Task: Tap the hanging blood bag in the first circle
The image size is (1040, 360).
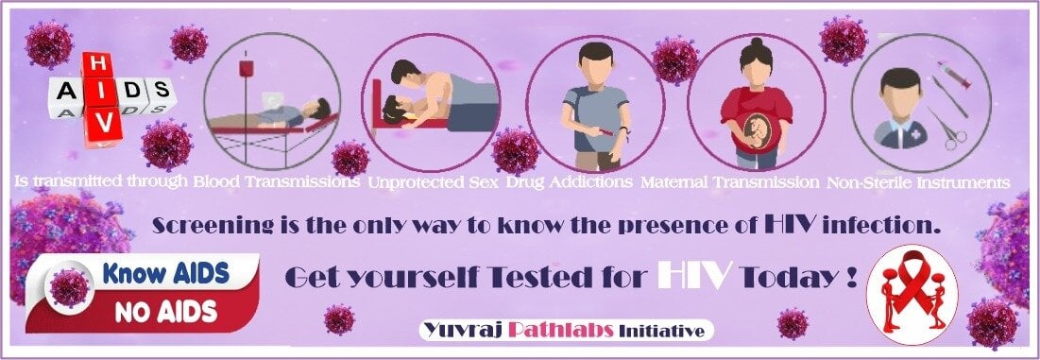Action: point(247,70)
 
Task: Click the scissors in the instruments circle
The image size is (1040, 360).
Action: point(947,131)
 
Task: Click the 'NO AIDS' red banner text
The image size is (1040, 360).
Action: point(166,310)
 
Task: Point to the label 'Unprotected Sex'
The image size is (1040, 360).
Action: point(432,180)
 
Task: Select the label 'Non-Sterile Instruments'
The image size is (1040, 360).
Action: point(918,180)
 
